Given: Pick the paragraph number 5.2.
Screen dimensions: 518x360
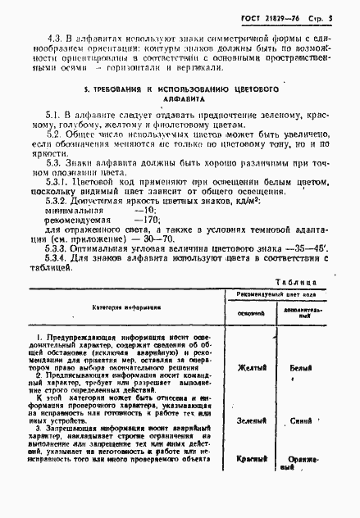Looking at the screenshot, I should (x=52, y=133).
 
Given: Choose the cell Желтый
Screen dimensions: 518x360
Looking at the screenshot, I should (x=251, y=368).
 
